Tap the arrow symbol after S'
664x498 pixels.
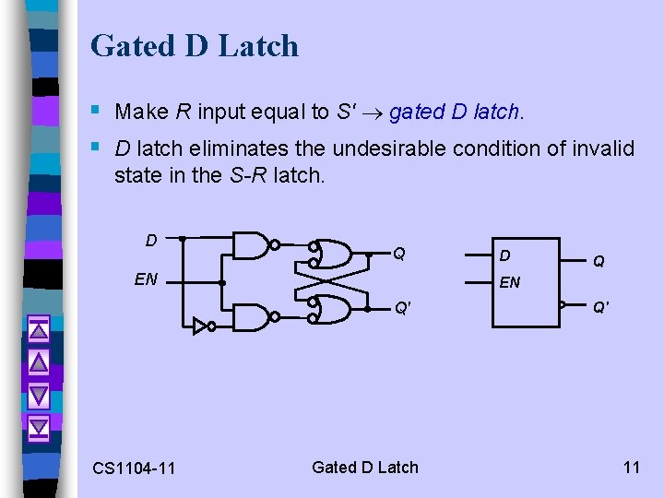pos(373,113)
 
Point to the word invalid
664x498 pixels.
pos(602,148)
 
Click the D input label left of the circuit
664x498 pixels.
pos(151,241)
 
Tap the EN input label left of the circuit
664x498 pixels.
pos(146,279)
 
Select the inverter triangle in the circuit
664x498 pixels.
pos(199,325)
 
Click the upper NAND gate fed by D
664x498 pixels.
pos(251,245)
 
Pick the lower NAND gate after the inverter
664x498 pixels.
pos(251,316)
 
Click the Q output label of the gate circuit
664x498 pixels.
pos(399,253)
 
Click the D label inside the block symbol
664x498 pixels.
pos(504,255)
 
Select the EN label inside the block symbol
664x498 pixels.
pos(510,282)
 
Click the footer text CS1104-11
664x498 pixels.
pos(134,468)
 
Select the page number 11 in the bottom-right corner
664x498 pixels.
pos(631,467)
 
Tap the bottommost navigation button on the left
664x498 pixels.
pos(38,427)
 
